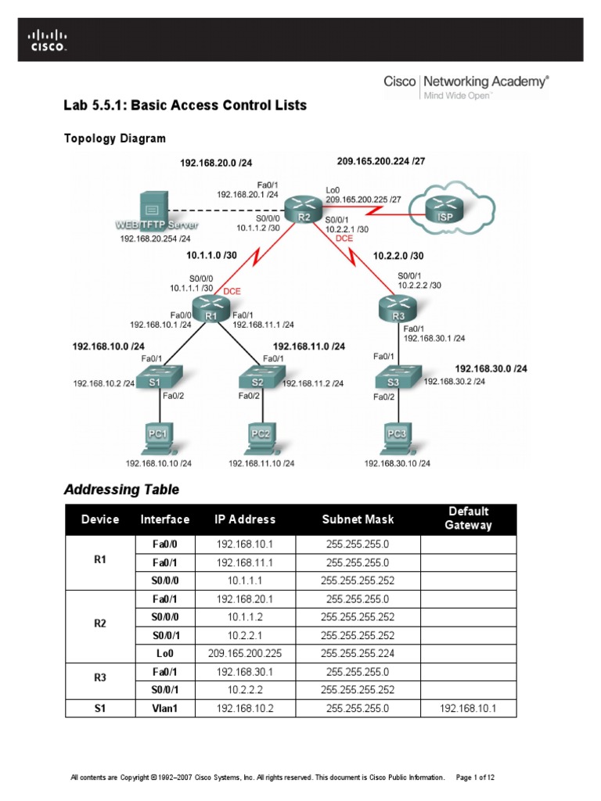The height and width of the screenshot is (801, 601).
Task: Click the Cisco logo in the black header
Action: (x=48, y=40)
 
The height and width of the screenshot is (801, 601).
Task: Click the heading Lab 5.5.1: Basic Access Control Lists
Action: (x=185, y=105)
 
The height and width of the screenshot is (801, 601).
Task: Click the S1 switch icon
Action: (x=154, y=381)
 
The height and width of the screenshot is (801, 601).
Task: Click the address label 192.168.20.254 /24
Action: (x=156, y=239)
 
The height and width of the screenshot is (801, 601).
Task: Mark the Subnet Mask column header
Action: (x=358, y=519)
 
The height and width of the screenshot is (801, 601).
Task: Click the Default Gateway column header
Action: (x=469, y=519)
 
